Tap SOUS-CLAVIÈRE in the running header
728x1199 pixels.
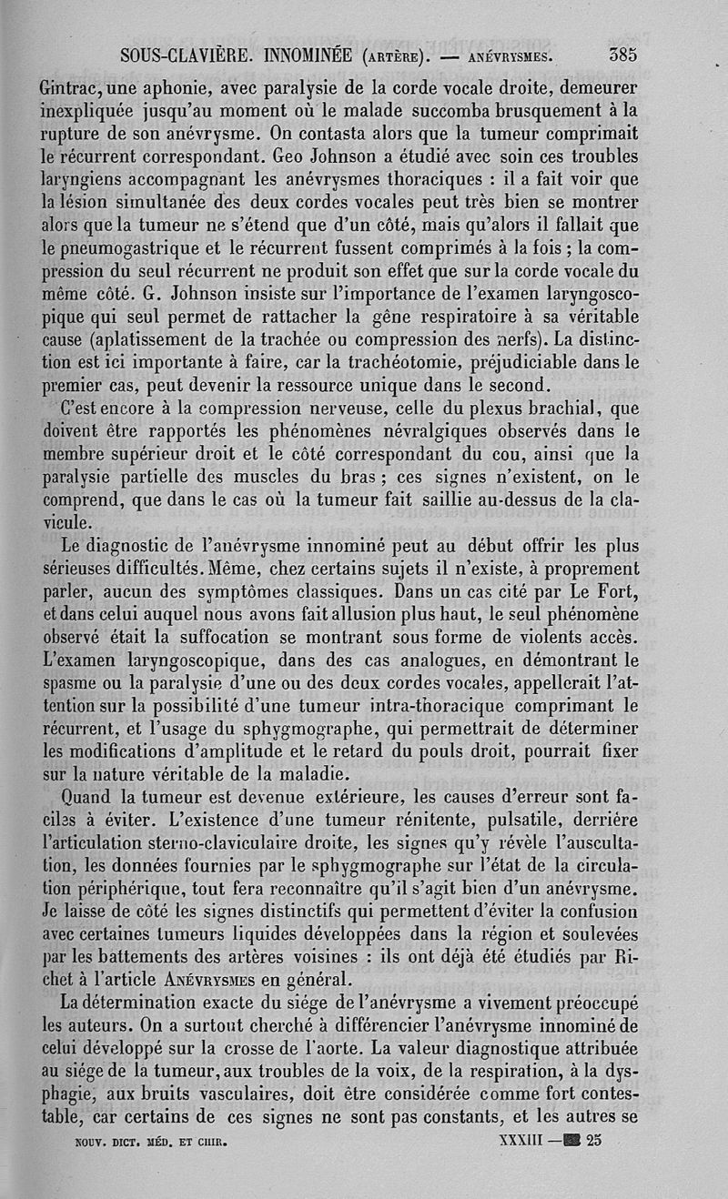(187, 55)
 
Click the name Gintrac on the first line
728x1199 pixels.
(75, 90)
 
